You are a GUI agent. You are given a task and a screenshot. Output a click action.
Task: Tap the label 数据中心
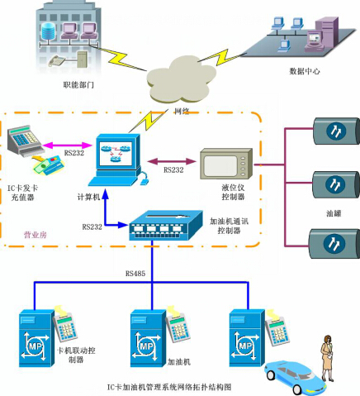305,71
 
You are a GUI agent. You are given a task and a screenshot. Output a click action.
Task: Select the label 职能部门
78,84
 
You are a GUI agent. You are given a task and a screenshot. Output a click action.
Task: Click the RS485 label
135,274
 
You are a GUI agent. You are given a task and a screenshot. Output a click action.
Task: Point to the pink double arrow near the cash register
67,145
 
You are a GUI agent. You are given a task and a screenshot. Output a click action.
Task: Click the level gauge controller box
225,164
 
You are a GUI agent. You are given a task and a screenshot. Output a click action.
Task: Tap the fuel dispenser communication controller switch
166,226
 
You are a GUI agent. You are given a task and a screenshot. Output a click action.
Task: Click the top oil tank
336,131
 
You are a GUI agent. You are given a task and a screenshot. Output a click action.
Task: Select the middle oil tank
336,184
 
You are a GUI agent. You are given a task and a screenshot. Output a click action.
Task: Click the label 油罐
334,213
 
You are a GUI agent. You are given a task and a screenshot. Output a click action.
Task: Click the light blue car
295,377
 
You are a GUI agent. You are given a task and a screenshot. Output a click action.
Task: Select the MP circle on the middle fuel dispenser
146,346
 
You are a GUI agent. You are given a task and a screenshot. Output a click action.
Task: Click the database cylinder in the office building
49,32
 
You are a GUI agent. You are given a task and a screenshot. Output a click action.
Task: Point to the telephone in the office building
58,61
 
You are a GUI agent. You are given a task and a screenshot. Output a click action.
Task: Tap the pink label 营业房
36,235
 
